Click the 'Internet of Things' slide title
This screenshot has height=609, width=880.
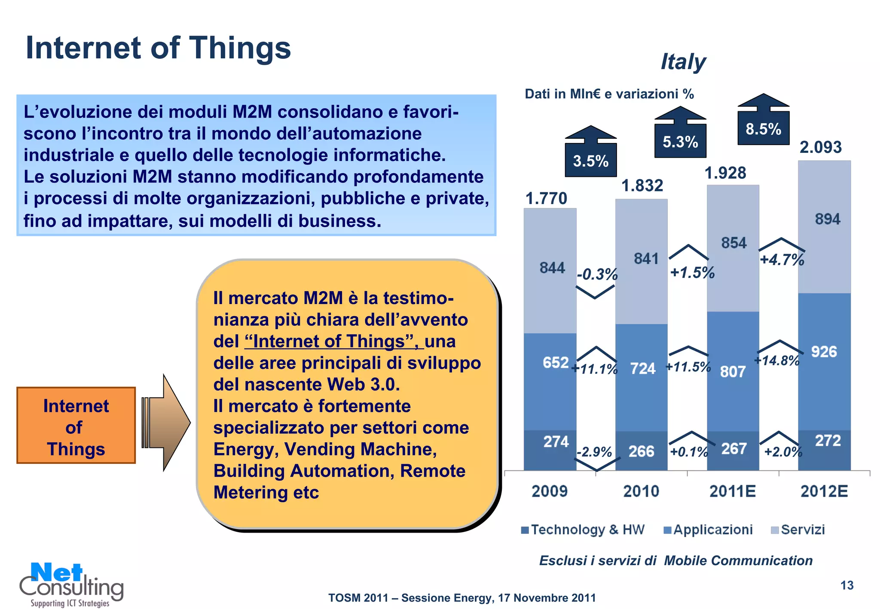click(158, 48)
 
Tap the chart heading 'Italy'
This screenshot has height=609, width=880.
click(683, 61)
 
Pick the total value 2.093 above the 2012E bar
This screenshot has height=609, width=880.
click(820, 147)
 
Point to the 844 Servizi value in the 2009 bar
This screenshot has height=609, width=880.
click(552, 268)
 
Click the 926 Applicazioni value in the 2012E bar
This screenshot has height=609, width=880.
click(824, 352)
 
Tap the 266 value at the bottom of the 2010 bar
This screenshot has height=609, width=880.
click(641, 451)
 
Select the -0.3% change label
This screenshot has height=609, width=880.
click(597, 274)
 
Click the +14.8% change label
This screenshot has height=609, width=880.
click(777, 360)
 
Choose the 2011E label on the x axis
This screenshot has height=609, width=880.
click(732, 491)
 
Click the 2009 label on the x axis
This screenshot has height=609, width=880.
click(550, 491)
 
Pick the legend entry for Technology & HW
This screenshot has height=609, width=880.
click(583, 530)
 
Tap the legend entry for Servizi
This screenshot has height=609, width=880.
click(798, 530)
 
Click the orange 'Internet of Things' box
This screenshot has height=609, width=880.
click(76, 425)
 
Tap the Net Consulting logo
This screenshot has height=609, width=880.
click(71, 584)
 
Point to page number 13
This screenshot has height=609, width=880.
click(846, 585)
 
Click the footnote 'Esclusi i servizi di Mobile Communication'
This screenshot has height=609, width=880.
click(675, 560)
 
